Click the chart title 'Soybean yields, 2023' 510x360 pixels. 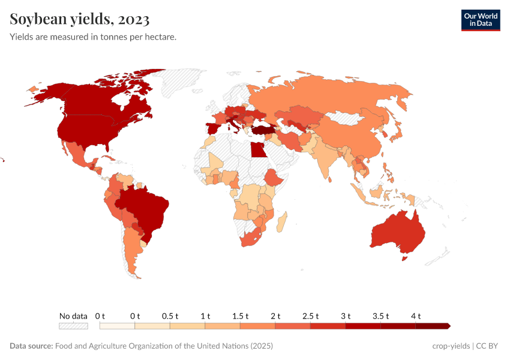tap(80, 20)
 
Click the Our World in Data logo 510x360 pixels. tap(480, 20)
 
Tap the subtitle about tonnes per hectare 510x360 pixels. tap(93, 37)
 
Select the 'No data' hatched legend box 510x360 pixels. tap(73, 326)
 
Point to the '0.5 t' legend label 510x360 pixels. tap(170, 316)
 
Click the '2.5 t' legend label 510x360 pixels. tap(310, 316)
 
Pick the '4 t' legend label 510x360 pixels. tap(416, 316)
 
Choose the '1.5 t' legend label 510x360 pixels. tap(240, 316)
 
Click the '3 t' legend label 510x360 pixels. tap(346, 316)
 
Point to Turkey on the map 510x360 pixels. tap(263, 129)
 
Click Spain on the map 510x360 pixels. tap(213, 128)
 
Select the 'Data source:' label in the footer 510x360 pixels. tap(31, 346)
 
